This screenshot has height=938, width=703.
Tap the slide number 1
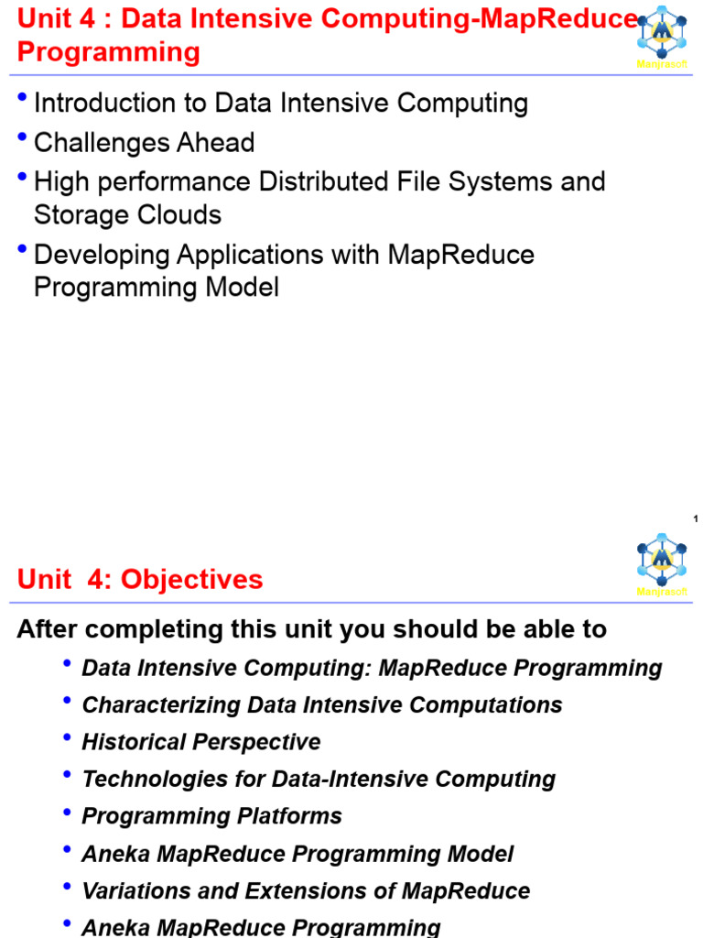[x=696, y=519]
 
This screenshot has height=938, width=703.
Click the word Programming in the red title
[x=108, y=52]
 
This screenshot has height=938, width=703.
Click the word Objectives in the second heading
[x=192, y=579]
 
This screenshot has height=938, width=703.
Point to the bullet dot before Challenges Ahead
[x=22, y=138]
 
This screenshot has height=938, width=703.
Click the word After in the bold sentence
[x=47, y=629]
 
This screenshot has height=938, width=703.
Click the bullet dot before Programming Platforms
[x=67, y=811]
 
